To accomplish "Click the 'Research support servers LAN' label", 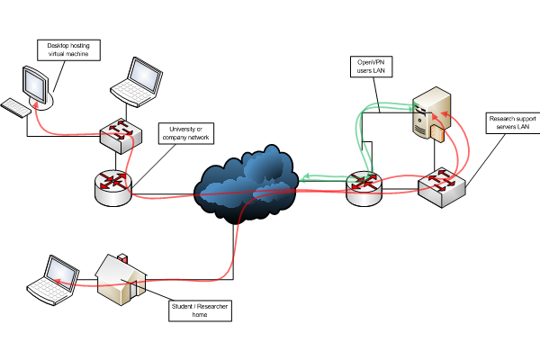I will click(x=514, y=122).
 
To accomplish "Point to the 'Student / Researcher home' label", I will click(x=200, y=310).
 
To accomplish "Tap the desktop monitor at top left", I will click(x=34, y=86).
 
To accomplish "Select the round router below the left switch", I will click(x=112, y=184).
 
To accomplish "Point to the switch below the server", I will click(x=441, y=186).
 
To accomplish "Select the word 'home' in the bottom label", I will click(x=200, y=316).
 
